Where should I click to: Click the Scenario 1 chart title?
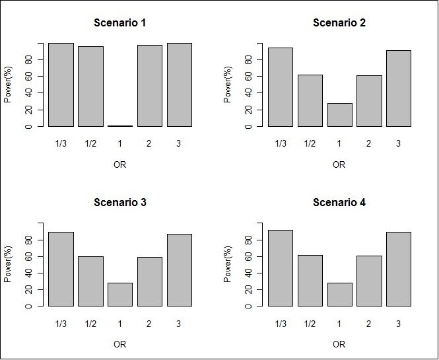[119, 22]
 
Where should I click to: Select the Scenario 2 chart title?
[339, 22]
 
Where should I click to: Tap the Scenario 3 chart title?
[119, 202]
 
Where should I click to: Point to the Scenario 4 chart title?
[339, 202]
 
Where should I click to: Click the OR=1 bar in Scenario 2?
[339, 115]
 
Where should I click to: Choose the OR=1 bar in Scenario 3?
[119, 295]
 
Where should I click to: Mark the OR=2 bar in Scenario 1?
[149, 86]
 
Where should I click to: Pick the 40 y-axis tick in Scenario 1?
[30, 93]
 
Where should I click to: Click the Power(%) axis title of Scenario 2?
[228, 85]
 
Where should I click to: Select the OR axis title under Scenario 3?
[119, 344]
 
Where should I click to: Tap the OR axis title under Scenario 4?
[339, 344]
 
